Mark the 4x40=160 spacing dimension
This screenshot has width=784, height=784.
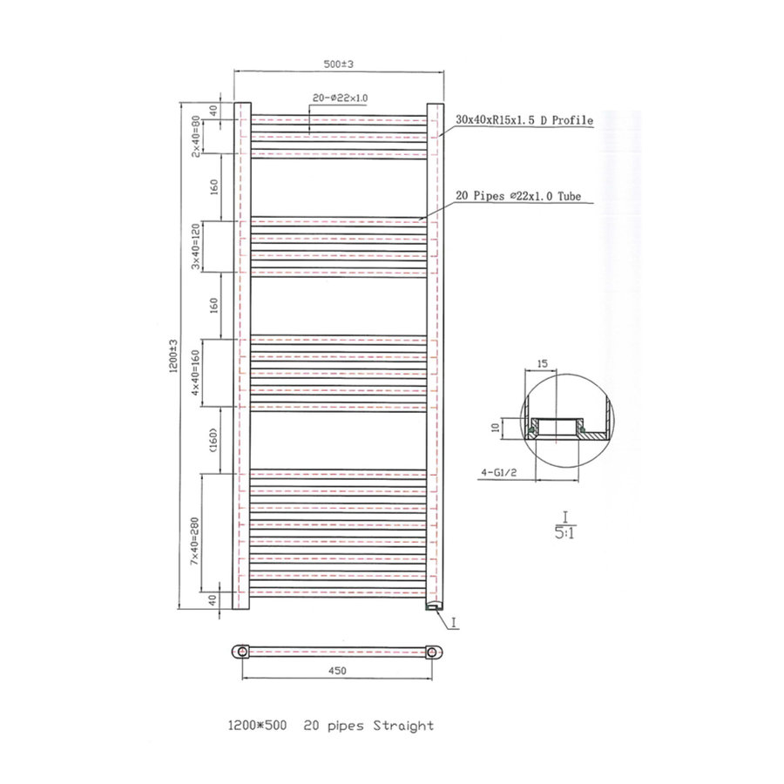198,372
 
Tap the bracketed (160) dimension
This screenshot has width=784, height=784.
213,440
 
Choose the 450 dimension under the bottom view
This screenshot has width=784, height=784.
339,670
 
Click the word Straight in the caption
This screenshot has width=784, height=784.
403,725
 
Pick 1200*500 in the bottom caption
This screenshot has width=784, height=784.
259,725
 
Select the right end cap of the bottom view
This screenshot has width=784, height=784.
436,652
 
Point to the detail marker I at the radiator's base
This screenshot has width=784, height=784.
454,622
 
